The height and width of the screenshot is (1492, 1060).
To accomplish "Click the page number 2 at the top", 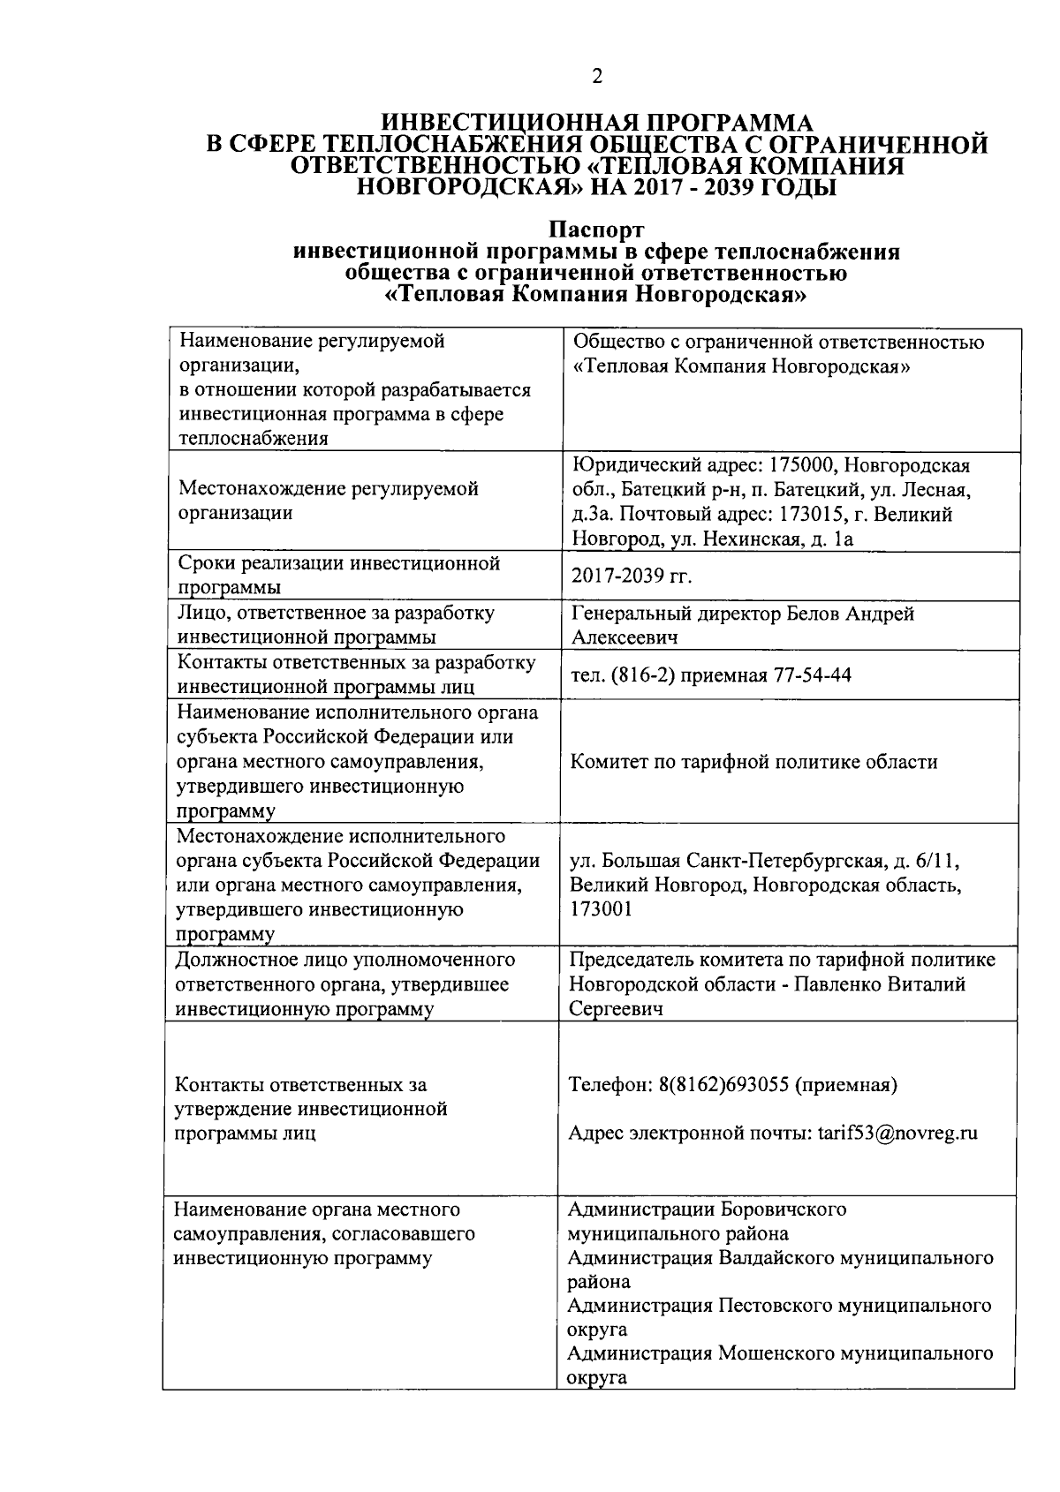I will [x=597, y=77].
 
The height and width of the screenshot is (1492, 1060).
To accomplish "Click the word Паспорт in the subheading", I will [x=596, y=231].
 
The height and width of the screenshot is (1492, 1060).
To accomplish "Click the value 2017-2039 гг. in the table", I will [x=631, y=576].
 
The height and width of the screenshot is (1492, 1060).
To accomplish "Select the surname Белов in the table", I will [x=820, y=614].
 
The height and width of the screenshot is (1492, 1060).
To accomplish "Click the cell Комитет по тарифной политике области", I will [x=753, y=761].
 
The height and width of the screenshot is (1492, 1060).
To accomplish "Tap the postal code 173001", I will [x=601, y=909].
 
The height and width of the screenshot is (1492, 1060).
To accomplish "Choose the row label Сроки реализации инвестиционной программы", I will [x=339, y=575].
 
